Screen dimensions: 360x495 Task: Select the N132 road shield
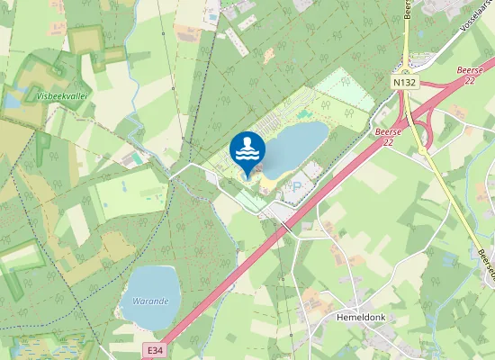(404, 81)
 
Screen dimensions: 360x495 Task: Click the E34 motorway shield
(154, 347)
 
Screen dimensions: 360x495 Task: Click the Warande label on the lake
(150, 301)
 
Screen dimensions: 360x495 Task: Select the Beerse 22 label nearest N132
(387, 136)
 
